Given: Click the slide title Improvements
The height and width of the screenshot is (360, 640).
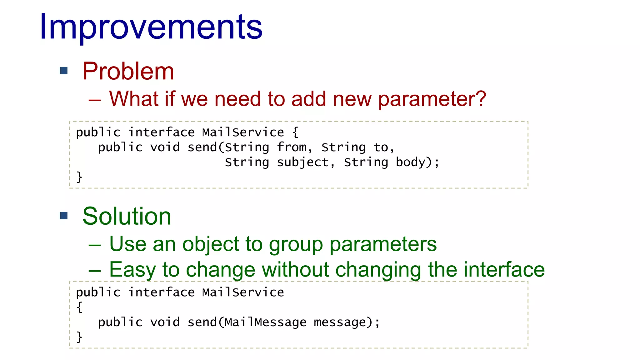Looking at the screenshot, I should pyautogui.click(x=151, y=27).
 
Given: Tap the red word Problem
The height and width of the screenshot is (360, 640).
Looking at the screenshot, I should pyautogui.click(x=128, y=71).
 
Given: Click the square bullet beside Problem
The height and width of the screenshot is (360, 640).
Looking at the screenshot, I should pyautogui.click(x=64, y=71).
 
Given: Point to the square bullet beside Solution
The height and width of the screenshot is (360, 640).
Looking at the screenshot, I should pyautogui.click(x=64, y=215).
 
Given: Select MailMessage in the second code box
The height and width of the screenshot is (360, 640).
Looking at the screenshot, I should pyautogui.click(x=265, y=322).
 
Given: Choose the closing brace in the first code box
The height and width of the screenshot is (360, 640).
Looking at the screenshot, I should pyautogui.click(x=79, y=177).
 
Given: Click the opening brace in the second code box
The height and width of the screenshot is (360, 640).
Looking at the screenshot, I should pyautogui.click(x=79, y=307).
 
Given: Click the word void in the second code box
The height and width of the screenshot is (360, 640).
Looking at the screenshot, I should pyautogui.click(x=165, y=322).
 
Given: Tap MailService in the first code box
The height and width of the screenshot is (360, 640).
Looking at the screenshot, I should pyautogui.click(x=243, y=132).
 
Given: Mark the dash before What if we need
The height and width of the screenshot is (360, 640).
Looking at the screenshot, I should pyautogui.click(x=94, y=100).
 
